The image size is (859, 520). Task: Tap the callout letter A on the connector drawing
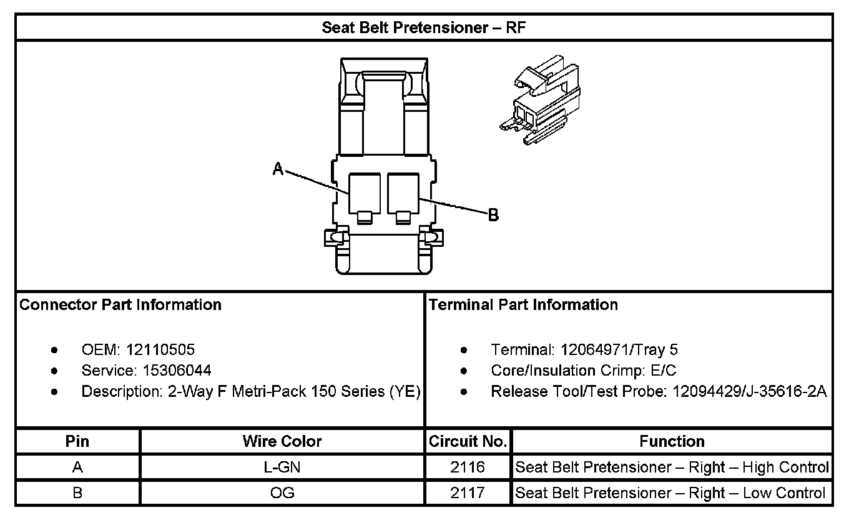tap(278, 167)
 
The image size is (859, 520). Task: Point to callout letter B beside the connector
tap(493, 216)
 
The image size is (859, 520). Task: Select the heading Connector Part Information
tap(120, 305)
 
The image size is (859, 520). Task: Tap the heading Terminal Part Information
tap(523, 305)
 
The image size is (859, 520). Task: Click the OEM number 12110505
tap(160, 350)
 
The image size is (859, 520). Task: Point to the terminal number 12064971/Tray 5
tap(619, 350)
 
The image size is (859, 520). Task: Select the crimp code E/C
tap(663, 371)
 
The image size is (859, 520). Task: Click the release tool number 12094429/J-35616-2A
tap(750, 392)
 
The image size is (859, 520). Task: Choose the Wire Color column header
tap(282, 442)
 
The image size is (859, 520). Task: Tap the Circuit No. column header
tap(468, 442)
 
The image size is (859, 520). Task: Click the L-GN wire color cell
tap(282, 467)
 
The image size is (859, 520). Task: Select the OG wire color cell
tap(282, 493)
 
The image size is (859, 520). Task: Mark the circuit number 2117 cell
tap(468, 493)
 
